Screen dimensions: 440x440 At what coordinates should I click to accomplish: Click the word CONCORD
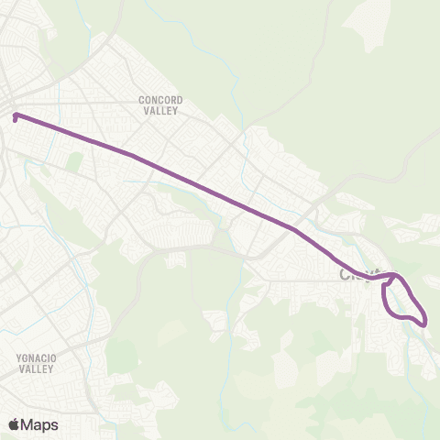[160, 99]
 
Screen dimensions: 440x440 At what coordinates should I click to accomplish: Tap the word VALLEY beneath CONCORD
[160, 110]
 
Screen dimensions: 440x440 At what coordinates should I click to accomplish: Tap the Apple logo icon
[14, 424]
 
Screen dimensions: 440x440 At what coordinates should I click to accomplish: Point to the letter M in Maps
[28, 424]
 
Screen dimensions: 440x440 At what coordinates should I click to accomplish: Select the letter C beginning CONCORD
[141, 99]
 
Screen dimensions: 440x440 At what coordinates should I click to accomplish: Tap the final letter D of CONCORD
[181, 99]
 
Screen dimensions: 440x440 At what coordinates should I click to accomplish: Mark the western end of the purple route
[16, 115]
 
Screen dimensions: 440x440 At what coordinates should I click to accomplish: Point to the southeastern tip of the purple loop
[424, 321]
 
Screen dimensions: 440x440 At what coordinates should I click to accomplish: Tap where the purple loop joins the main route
[392, 275]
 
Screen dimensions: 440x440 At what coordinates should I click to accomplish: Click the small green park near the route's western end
[74, 161]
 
